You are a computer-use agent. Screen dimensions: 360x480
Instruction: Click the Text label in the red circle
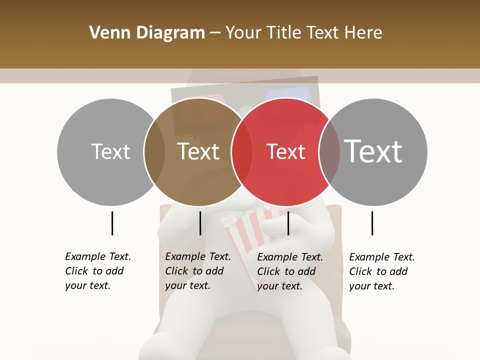(x=285, y=151)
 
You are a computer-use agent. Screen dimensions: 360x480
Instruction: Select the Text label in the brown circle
(x=198, y=151)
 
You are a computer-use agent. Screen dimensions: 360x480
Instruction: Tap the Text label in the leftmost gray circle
(x=110, y=151)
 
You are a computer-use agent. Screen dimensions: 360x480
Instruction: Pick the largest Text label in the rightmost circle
(x=373, y=151)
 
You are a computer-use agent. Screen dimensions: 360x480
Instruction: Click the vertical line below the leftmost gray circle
(x=112, y=223)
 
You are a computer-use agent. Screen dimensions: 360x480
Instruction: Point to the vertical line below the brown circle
(x=200, y=223)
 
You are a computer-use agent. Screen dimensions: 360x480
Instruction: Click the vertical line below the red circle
(x=288, y=223)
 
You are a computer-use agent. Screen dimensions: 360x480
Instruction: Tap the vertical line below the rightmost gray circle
(x=372, y=223)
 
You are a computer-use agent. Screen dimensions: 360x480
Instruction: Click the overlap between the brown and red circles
(x=242, y=152)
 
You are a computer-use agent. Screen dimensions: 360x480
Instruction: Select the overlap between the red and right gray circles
(x=329, y=152)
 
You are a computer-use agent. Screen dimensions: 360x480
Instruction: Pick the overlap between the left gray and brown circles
(x=154, y=152)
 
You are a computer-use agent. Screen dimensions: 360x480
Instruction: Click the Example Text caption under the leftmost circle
(x=97, y=271)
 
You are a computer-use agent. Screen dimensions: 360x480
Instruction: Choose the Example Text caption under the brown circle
(x=197, y=271)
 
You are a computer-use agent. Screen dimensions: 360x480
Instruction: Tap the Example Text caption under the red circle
(x=289, y=271)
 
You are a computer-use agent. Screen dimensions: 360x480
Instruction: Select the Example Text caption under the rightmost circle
(x=381, y=271)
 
